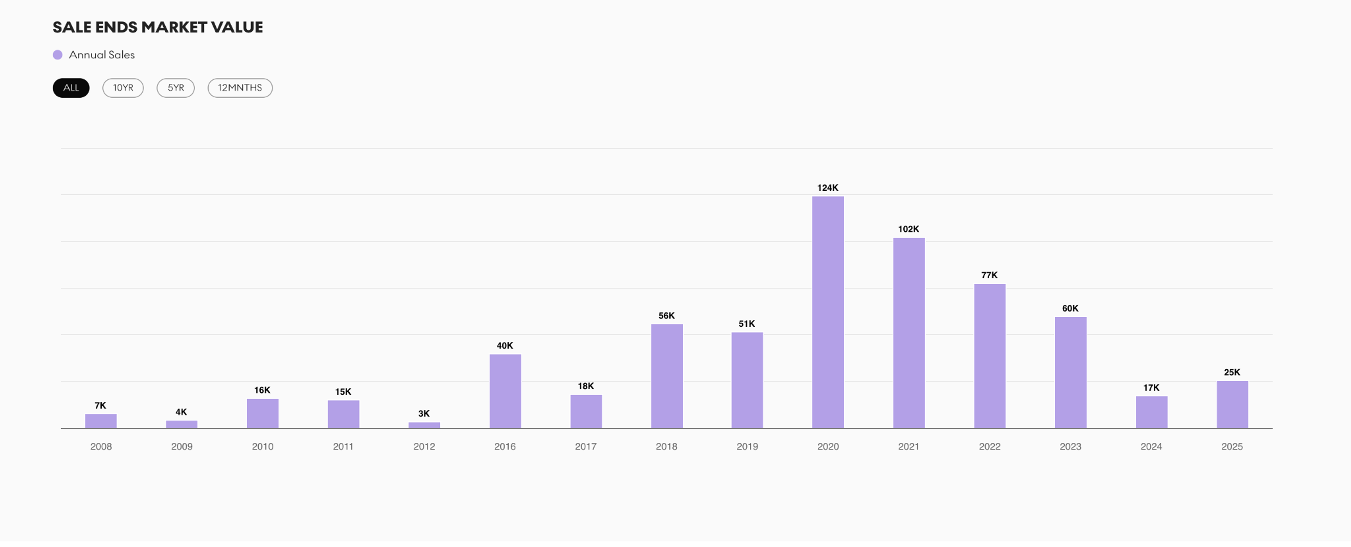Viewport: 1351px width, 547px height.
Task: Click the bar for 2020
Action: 827,312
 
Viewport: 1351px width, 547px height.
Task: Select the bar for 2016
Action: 505,391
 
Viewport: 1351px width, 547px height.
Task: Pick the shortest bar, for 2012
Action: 424,425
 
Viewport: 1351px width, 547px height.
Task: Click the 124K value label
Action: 827,187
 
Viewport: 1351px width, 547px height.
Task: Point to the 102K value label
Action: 908,229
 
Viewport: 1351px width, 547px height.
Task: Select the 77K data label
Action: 989,275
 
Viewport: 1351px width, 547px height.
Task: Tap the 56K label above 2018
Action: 667,315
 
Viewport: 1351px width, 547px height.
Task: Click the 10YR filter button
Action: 123,88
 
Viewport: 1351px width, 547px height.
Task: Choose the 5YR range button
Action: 176,88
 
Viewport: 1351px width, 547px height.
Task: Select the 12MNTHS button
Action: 240,88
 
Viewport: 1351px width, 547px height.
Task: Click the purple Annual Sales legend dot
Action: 58,55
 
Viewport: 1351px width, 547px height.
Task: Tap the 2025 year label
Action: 1232,446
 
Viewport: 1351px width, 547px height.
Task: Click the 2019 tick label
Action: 747,446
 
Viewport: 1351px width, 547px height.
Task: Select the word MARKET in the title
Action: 174,27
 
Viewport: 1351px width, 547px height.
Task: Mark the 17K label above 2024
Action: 1151,388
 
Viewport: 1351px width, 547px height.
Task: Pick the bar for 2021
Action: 909,333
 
